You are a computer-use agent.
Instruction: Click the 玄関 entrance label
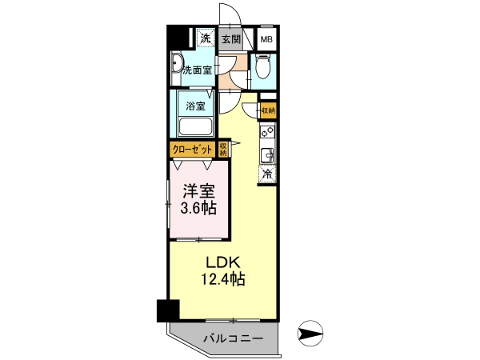[231, 39]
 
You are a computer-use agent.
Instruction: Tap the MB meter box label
[266, 39]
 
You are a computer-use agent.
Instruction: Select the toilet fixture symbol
[262, 66]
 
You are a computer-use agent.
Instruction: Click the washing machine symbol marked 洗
[206, 38]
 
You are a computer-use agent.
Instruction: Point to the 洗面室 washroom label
[197, 70]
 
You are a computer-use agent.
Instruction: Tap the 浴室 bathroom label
[195, 106]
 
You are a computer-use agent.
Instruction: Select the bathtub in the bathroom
[195, 126]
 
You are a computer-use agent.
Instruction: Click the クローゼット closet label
[192, 150]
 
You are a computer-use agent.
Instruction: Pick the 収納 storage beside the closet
[223, 149]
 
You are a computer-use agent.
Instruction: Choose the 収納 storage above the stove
[269, 110]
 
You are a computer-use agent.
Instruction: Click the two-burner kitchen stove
[267, 132]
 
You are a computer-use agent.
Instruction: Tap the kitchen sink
[267, 155]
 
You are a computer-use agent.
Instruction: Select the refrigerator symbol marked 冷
[267, 174]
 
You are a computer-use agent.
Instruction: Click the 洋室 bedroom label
[198, 192]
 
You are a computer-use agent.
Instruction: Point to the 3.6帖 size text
[198, 208]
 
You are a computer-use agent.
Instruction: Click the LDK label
[222, 262]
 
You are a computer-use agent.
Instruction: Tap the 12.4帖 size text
[223, 278]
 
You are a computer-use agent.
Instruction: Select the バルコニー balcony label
[234, 338]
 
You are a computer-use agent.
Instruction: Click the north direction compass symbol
[310, 333]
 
